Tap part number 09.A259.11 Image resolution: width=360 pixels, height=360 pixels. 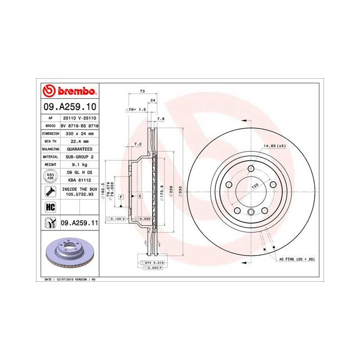77,223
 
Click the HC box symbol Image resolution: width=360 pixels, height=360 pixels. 50,207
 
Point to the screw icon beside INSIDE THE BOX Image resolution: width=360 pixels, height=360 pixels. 50,192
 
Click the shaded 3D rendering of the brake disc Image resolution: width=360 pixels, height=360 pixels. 69,254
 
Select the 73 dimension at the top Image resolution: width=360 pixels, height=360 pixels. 142,91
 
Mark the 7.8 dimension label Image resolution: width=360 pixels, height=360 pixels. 160,119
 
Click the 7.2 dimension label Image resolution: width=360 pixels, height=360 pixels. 137,145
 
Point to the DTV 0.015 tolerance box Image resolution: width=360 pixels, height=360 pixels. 151,263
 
